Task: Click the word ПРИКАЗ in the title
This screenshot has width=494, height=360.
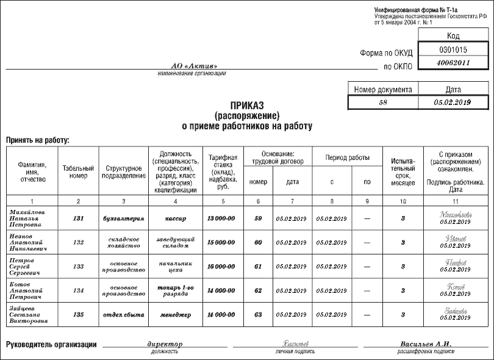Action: (x=247, y=105)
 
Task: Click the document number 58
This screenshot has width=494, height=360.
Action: (x=383, y=103)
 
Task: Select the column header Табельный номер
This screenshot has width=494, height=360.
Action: (x=78, y=172)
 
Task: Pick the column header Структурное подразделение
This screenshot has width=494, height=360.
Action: (x=125, y=172)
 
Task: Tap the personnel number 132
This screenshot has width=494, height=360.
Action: (x=78, y=242)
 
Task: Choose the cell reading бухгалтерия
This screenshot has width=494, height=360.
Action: (x=125, y=218)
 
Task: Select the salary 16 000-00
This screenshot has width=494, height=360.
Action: (x=221, y=267)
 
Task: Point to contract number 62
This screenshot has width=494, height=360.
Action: (x=258, y=290)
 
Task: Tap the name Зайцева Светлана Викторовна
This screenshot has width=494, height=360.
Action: (x=29, y=315)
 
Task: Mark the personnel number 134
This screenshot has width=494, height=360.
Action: (x=78, y=290)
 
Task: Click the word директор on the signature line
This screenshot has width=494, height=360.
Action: (x=165, y=344)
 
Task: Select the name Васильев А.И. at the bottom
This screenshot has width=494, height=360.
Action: (x=426, y=344)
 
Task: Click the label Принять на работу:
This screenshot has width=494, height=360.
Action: (x=38, y=140)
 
